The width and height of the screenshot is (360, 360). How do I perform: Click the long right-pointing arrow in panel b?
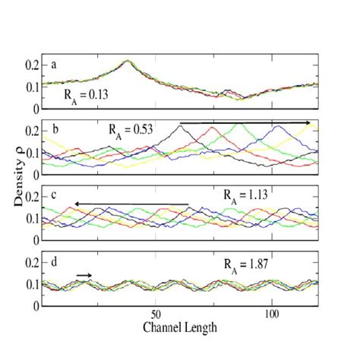(245, 122)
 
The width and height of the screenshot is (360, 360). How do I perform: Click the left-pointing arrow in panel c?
(131, 204)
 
